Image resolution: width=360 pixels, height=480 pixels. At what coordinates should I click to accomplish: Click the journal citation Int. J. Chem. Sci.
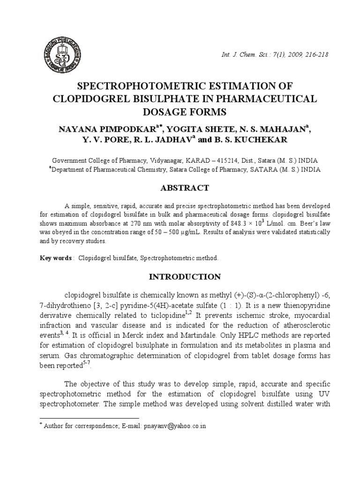pos(244,55)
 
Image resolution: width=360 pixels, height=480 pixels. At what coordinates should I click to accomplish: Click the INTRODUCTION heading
pos(185,277)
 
